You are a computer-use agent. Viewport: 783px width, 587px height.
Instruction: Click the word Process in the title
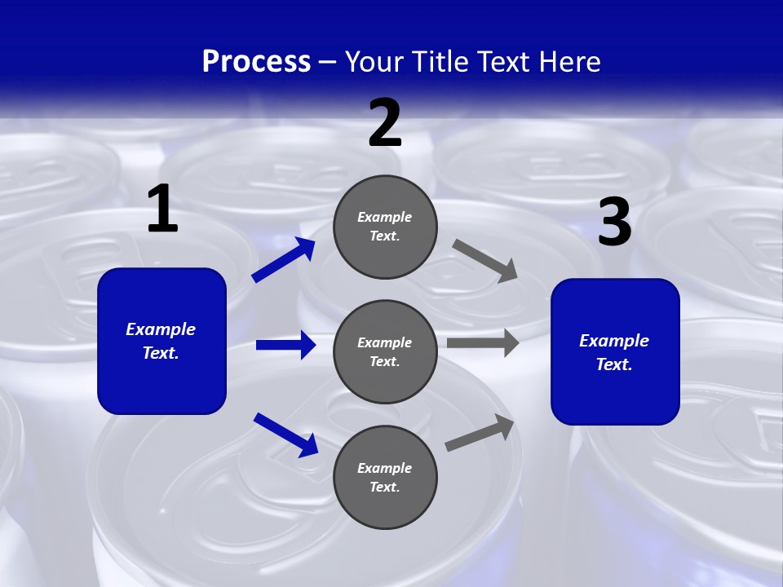[x=256, y=62]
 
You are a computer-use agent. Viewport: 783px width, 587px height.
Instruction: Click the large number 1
[x=162, y=210]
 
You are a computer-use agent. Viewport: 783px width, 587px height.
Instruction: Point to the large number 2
[x=385, y=123]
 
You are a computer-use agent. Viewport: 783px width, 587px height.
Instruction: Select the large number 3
[x=614, y=223]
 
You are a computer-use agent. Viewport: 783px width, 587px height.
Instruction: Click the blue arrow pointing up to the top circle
[x=283, y=260]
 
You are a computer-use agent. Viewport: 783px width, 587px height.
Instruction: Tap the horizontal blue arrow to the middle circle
[x=285, y=345]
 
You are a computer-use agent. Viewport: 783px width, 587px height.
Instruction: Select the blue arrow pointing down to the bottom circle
[x=285, y=434]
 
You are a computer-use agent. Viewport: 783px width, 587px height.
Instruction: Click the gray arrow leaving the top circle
[x=485, y=260]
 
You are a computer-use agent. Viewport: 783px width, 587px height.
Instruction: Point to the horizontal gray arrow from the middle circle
[x=483, y=343]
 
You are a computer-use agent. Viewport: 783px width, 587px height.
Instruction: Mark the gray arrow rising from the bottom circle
[x=480, y=432]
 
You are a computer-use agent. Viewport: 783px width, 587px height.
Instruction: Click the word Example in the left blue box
[x=161, y=329]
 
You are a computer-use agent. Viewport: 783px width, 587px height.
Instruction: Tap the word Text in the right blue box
[x=614, y=364]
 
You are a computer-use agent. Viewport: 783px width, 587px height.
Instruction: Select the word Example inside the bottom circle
[x=384, y=468]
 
